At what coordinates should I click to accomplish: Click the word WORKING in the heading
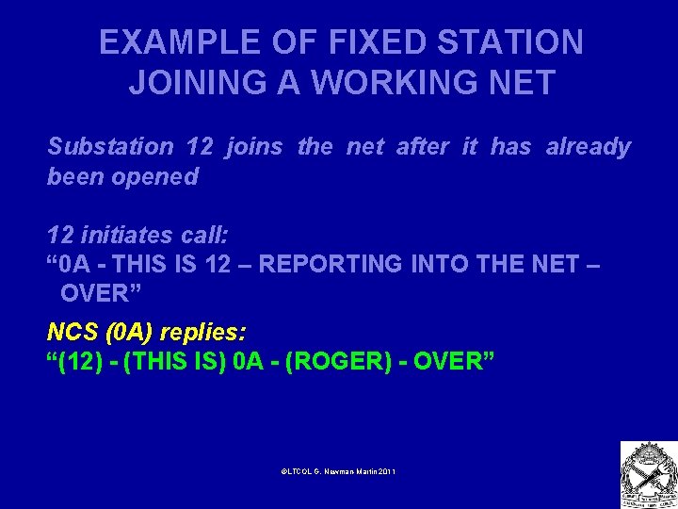point(394,83)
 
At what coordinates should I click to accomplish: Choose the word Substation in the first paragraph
point(110,147)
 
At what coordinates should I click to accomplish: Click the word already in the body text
point(588,147)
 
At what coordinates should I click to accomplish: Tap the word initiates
point(122,235)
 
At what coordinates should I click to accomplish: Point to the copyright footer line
point(338,470)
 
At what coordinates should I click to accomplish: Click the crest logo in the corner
point(648,475)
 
